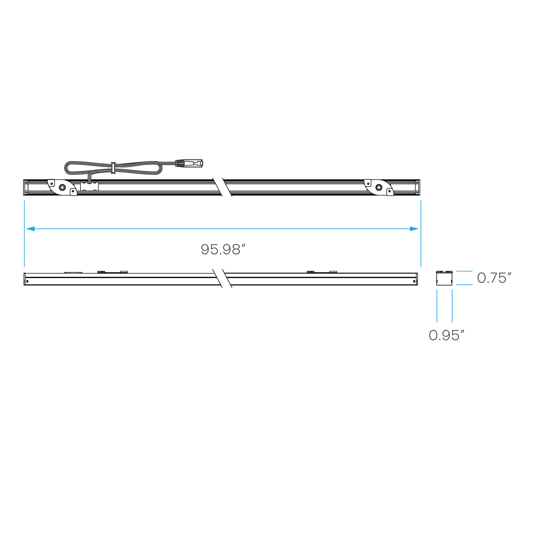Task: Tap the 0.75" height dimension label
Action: click(x=494, y=278)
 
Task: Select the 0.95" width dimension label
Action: click(x=446, y=335)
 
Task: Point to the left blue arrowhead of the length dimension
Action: click(x=30, y=229)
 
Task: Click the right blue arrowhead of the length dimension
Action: click(x=414, y=229)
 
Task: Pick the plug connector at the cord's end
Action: click(x=189, y=163)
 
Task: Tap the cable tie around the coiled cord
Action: click(x=112, y=168)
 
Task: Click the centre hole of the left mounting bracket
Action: click(x=63, y=187)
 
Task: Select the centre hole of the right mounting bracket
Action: click(x=378, y=187)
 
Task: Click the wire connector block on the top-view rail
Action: click(x=89, y=186)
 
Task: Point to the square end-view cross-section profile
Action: click(x=444, y=278)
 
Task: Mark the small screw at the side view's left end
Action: click(x=27, y=281)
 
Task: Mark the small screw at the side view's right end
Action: click(x=414, y=281)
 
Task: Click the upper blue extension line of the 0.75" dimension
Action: click(x=464, y=271)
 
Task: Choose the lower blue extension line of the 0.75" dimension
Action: click(x=464, y=285)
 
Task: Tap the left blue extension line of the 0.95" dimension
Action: click(x=437, y=306)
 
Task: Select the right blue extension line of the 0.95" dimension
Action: click(x=452, y=306)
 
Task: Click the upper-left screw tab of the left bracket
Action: click(x=51, y=183)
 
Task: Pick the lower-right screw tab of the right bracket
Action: click(x=390, y=192)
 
